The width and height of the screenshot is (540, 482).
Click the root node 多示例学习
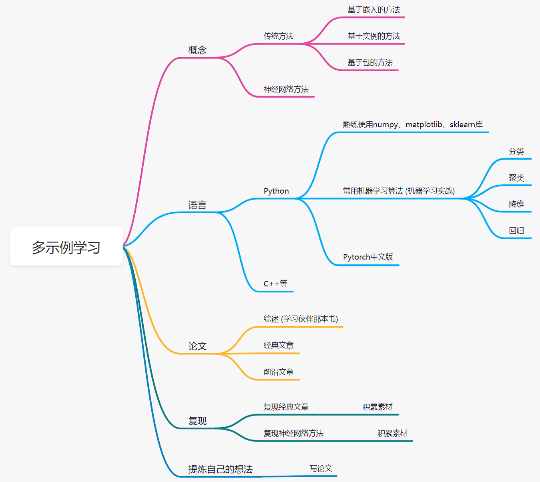66,247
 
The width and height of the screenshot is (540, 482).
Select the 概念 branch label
197,50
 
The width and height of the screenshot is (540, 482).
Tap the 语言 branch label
197,205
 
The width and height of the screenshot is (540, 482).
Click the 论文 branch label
197,346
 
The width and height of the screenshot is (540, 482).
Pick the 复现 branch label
197,421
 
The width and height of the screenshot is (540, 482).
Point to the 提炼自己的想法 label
220,469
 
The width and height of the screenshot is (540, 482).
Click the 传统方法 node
279,36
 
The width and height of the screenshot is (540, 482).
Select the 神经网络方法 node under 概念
286,89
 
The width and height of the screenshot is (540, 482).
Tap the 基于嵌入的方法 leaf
373,10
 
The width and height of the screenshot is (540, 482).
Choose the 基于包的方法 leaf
370,62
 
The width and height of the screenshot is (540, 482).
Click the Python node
276,191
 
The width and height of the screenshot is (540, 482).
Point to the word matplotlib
424,124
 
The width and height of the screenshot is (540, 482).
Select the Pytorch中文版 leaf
368,257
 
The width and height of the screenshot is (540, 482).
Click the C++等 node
275,284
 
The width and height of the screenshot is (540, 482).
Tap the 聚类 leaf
516,178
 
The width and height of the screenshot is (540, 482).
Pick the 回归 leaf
516,230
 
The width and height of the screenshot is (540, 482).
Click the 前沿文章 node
279,372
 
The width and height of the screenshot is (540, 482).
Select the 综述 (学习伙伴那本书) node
301,319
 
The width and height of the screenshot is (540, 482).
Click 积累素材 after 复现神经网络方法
392,433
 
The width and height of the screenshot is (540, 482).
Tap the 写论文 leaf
321,468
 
